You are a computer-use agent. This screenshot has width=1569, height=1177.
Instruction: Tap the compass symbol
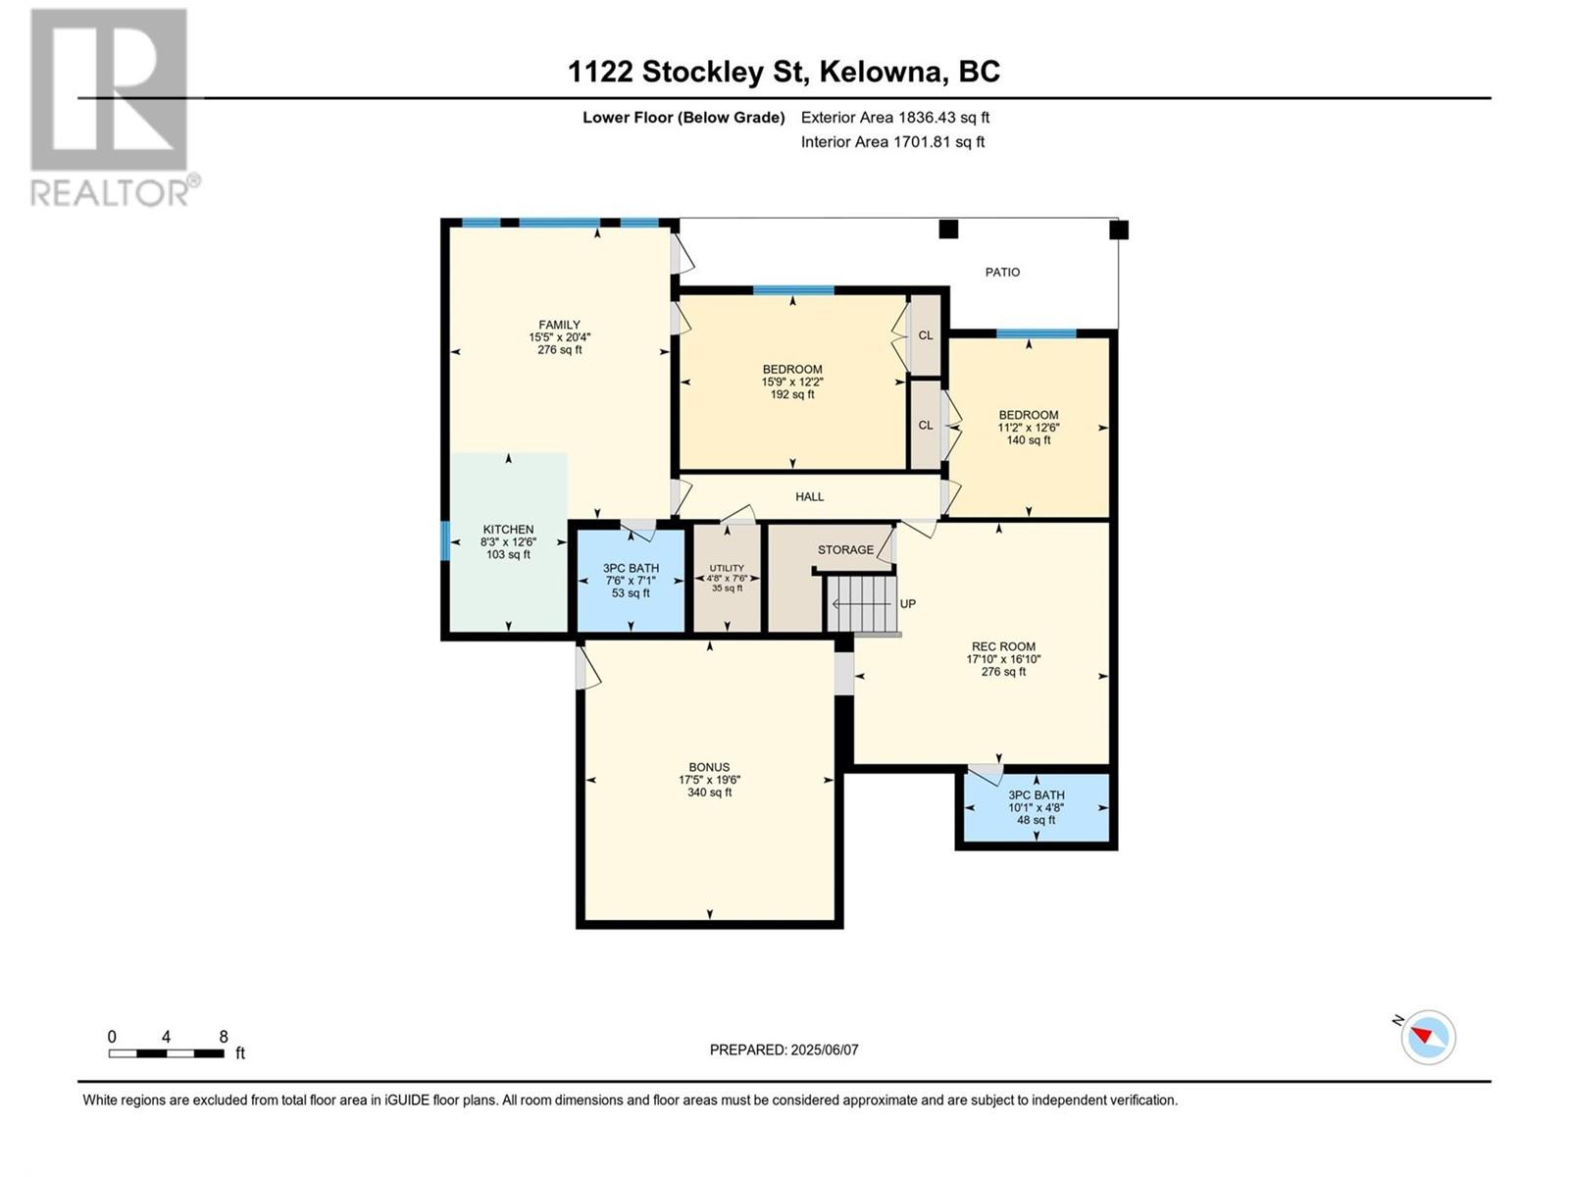pos(1428,1037)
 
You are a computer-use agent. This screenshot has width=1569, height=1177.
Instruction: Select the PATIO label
pos(1002,273)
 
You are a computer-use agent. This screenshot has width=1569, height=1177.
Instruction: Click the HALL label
pos(809,496)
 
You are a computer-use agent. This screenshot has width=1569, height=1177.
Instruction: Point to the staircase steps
pos(862,604)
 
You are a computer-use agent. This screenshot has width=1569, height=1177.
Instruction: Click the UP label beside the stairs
pos(908,604)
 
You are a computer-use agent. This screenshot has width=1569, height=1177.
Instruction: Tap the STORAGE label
pos(845,549)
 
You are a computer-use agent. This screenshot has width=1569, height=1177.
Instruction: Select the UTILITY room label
pos(727,568)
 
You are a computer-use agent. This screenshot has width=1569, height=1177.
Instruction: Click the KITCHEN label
pos(508,530)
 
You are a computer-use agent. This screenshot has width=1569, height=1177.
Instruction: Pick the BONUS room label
pos(709,767)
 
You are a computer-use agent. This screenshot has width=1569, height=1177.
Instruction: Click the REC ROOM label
pos(1003,646)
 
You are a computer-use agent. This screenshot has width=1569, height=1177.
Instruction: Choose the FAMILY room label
pos(560,325)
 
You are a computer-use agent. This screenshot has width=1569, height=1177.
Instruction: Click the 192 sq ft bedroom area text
pos(792,394)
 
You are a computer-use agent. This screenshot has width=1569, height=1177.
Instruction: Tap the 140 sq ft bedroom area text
pos(1029,440)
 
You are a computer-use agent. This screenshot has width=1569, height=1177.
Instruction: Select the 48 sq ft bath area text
pos(1036,820)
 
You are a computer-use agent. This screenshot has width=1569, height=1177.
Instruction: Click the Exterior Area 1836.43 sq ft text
pos(895,117)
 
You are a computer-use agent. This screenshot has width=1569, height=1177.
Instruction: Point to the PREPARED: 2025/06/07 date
pos(784,1049)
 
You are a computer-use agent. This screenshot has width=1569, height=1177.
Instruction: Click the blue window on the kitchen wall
pos(444,541)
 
